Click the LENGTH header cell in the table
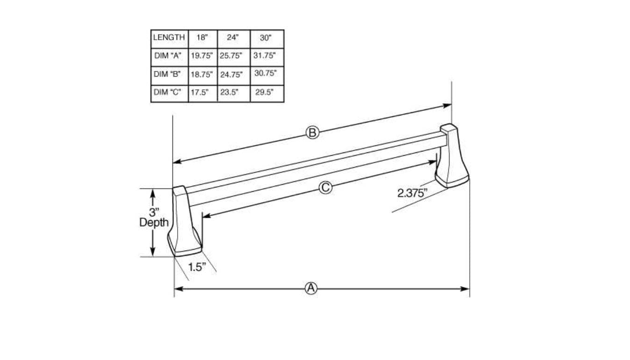tap(169, 38)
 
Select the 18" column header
tap(202, 38)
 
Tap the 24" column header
tap(233, 38)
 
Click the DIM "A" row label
tap(168, 56)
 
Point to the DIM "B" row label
tap(168, 74)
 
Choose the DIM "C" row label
tap(168, 92)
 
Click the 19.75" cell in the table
tap(202, 56)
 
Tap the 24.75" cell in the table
tap(232, 74)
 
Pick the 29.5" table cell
tap(265, 93)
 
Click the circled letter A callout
tap(311, 288)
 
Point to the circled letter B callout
tap(312, 133)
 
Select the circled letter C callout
tap(325, 188)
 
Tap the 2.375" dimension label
tap(412, 193)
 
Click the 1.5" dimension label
tap(197, 267)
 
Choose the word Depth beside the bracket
tap(154, 223)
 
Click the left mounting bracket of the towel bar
tap(186, 222)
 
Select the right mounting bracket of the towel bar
tap(452, 157)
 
